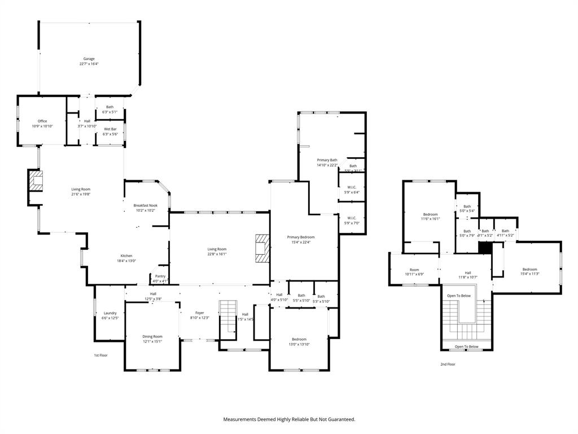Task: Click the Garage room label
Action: click(x=89, y=59)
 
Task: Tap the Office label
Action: click(x=42, y=121)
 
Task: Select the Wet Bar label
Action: click(x=110, y=129)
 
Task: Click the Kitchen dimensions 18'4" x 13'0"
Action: click(x=126, y=261)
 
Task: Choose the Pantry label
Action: click(x=160, y=276)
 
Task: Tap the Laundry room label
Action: click(x=110, y=313)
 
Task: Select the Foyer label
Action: click(x=200, y=313)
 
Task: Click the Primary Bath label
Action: click(x=327, y=160)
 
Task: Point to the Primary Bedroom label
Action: click(x=300, y=237)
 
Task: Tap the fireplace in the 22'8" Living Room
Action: click(x=262, y=248)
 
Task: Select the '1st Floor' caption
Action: click(x=100, y=355)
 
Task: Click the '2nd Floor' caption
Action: click(x=448, y=364)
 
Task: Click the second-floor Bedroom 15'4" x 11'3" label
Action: click(x=529, y=269)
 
